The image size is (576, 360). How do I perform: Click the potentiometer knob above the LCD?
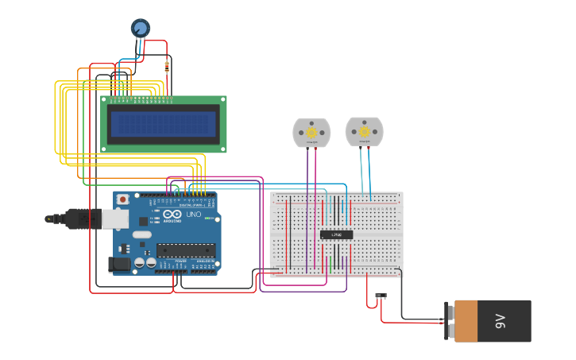pyautogui.click(x=140, y=29)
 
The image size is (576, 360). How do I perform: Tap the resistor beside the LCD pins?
pyautogui.click(x=167, y=67)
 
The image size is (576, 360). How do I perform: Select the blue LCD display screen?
pyautogui.click(x=163, y=123)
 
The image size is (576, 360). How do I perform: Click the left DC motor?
pyautogui.click(x=311, y=132)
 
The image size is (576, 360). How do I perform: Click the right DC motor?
pyautogui.click(x=364, y=131)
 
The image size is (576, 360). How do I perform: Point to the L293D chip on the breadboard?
pyautogui.click(x=336, y=234)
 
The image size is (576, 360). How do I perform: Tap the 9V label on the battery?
pyautogui.click(x=501, y=321)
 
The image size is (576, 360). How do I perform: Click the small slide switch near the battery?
pyautogui.click(x=381, y=296)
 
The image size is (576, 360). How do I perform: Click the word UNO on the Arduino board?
pyautogui.click(x=193, y=215)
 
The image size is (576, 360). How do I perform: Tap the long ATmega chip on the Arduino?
pyautogui.click(x=186, y=250)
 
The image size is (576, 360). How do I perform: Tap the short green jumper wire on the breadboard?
pyautogui.click(x=330, y=261)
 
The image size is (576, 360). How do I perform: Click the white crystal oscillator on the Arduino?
pyautogui.click(x=141, y=234)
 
